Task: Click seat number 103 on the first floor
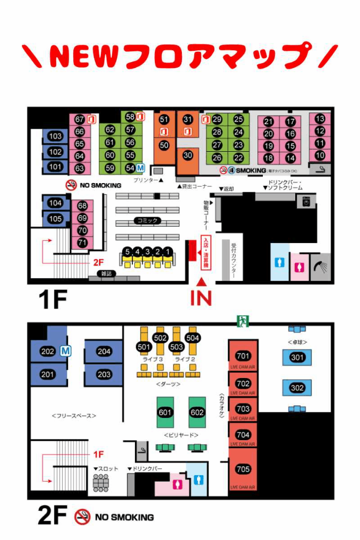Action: pyautogui.click(x=55, y=137)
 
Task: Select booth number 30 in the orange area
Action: pyautogui.click(x=187, y=155)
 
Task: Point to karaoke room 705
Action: pyautogui.click(x=243, y=469)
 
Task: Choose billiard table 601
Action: pyautogui.click(x=165, y=412)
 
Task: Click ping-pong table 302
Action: pyautogui.click(x=297, y=388)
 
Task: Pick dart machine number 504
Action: pyautogui.click(x=193, y=338)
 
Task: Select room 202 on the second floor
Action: pyautogui.click(x=48, y=352)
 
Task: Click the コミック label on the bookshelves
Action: pyautogui.click(x=147, y=220)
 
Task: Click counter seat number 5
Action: pyautogui.click(x=127, y=252)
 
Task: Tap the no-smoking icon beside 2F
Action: pyautogui.click(x=82, y=517)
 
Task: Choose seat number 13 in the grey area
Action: pyautogui.click(x=320, y=119)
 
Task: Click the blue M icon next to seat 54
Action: pyautogui.click(x=141, y=168)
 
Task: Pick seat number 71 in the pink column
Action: pyautogui.click(x=82, y=243)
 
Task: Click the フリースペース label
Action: pyautogui.click(x=74, y=415)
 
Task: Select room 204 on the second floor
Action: pyautogui.click(x=104, y=352)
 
